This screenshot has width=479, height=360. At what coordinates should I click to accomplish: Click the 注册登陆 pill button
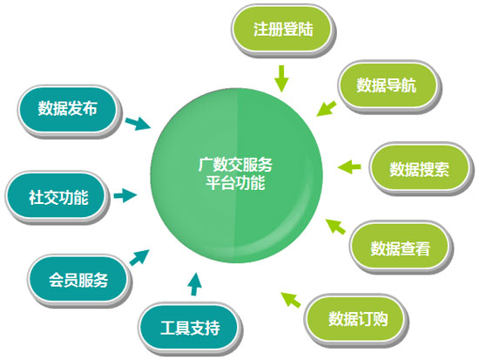coord(282,30)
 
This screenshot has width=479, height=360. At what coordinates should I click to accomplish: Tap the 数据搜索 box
coord(420,169)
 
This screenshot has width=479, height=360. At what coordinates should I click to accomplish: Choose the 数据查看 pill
coord(401,248)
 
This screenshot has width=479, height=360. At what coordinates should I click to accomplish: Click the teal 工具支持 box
coord(189,329)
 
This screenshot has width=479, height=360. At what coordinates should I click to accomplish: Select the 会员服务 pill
coord(78,280)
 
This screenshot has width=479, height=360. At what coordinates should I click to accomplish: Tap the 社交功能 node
coord(57,198)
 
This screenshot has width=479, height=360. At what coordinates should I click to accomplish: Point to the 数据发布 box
coord(69,109)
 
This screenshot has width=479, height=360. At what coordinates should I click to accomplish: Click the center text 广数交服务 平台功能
coord(235,173)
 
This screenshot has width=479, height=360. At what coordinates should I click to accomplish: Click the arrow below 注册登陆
coord(281,78)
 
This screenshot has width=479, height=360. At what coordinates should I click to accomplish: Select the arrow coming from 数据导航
coord(327,109)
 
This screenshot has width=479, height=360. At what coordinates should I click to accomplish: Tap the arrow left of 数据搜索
coord(349,167)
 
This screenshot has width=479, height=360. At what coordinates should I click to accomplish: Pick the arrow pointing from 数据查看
coord(335,227)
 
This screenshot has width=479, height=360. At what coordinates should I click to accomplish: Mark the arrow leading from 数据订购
coord(291,300)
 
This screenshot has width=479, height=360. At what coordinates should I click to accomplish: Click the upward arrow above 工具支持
coord(194,284)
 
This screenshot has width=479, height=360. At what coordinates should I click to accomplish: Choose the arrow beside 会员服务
coord(139,257)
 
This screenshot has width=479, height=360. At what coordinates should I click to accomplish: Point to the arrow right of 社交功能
coord(125,195)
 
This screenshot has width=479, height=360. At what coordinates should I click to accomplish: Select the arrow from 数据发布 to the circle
coord(138,124)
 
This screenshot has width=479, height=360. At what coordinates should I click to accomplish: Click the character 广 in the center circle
coord(205,165)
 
